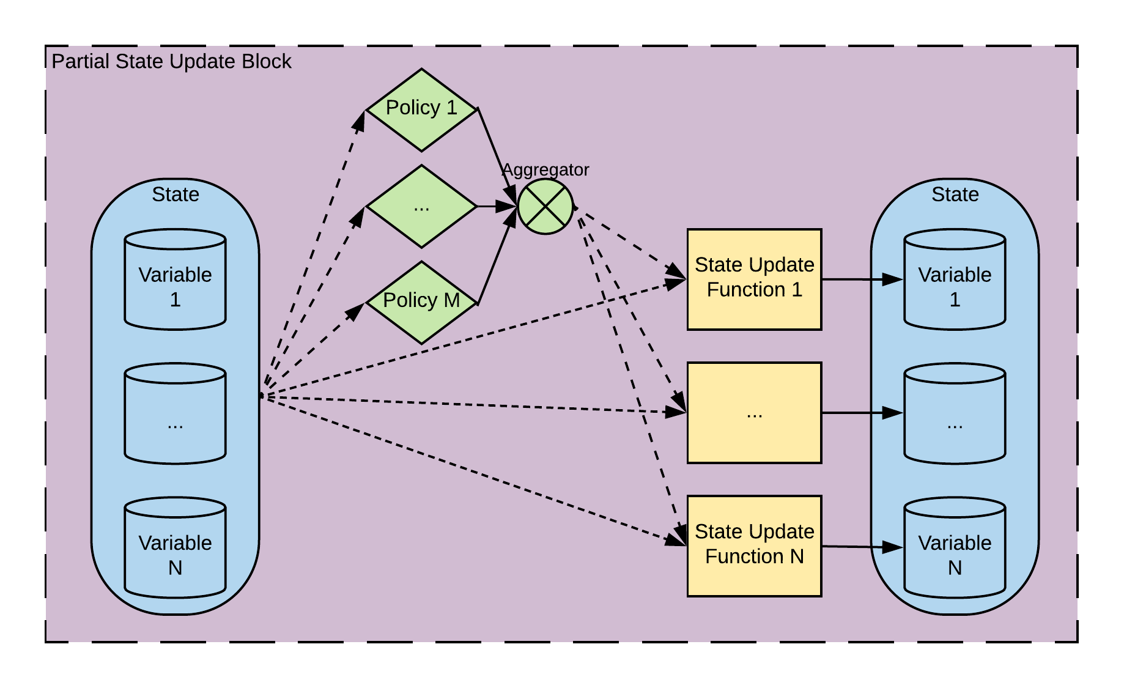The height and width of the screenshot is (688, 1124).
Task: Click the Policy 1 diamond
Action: coord(421,110)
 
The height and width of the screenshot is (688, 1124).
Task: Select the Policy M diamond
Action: coord(421,303)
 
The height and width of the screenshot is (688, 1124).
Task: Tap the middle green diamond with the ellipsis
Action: coord(421,207)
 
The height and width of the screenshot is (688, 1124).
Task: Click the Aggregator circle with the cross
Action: coord(545,207)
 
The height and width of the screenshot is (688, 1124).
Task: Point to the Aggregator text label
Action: coord(545,169)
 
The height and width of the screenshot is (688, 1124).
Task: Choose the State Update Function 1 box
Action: coord(754,279)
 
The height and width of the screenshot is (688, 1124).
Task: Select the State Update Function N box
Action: coord(754,546)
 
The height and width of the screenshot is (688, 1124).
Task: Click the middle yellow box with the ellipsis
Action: coord(754,413)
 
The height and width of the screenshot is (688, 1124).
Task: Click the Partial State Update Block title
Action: coord(171,62)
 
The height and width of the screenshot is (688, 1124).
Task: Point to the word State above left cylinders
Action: coord(176,194)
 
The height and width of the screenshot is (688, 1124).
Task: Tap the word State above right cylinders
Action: coord(955,194)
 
